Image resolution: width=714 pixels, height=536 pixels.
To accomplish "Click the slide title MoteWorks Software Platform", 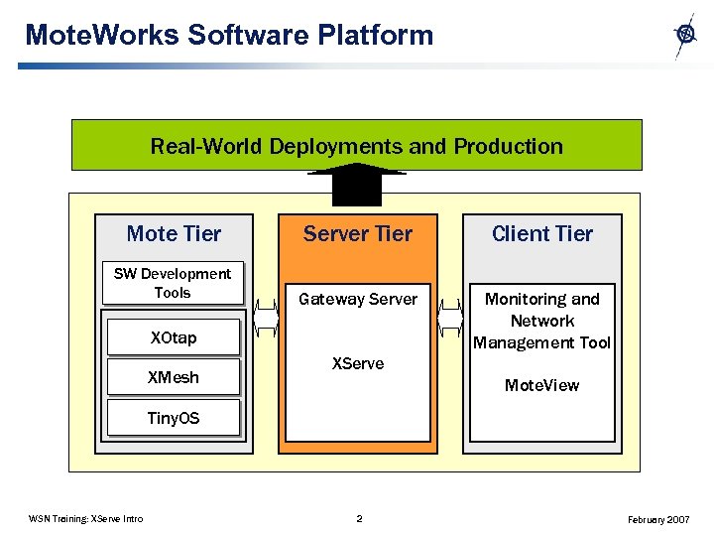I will pos(229,35).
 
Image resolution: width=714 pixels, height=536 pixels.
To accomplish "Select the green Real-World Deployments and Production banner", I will pos(356,146).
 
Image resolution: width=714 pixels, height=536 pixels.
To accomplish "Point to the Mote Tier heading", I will pos(174,233).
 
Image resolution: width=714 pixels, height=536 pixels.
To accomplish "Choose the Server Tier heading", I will pos(357,233).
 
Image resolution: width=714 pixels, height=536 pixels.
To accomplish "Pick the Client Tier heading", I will pos(541,233).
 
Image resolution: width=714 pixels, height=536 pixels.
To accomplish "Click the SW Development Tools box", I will pos(173,283).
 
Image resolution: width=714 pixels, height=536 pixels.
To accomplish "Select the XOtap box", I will pos(174,337).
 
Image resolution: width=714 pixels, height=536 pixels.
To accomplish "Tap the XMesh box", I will pos(174,377).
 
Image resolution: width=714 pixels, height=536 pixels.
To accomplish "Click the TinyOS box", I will pos(174,418).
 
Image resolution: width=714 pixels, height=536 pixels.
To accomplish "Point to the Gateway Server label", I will pos(357,299).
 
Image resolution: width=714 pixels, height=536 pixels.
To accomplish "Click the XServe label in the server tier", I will pos(357,363).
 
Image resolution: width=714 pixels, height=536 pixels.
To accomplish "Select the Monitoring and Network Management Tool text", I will pos(541,321).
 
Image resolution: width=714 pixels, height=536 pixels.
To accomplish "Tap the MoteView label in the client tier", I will pos(541,385).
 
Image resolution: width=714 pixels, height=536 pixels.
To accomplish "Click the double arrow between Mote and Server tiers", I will pos(266,319).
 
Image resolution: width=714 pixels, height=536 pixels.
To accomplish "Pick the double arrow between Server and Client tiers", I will pos(450,319).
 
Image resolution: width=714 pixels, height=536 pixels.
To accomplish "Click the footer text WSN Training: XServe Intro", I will pos(86,519).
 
